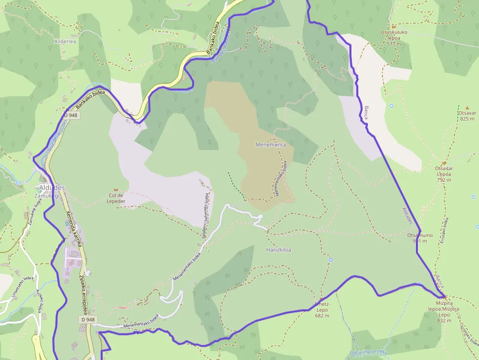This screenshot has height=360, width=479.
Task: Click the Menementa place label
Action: point(270,145)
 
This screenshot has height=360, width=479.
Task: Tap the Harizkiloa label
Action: point(279,250)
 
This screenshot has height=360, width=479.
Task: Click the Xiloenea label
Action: point(65,42)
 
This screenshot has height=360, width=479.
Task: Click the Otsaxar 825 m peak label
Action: point(467,116)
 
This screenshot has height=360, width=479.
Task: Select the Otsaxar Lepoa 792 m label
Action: point(444,173)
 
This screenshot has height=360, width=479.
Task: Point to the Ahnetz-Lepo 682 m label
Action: point(322,309)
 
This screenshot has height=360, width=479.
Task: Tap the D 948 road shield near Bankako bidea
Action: point(70,115)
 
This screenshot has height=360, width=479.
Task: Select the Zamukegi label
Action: point(46,195)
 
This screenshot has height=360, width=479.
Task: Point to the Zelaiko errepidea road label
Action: point(83,294)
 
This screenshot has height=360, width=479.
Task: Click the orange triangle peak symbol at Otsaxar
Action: point(467,107)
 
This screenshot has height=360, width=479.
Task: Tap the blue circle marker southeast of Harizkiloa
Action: point(331,259)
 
